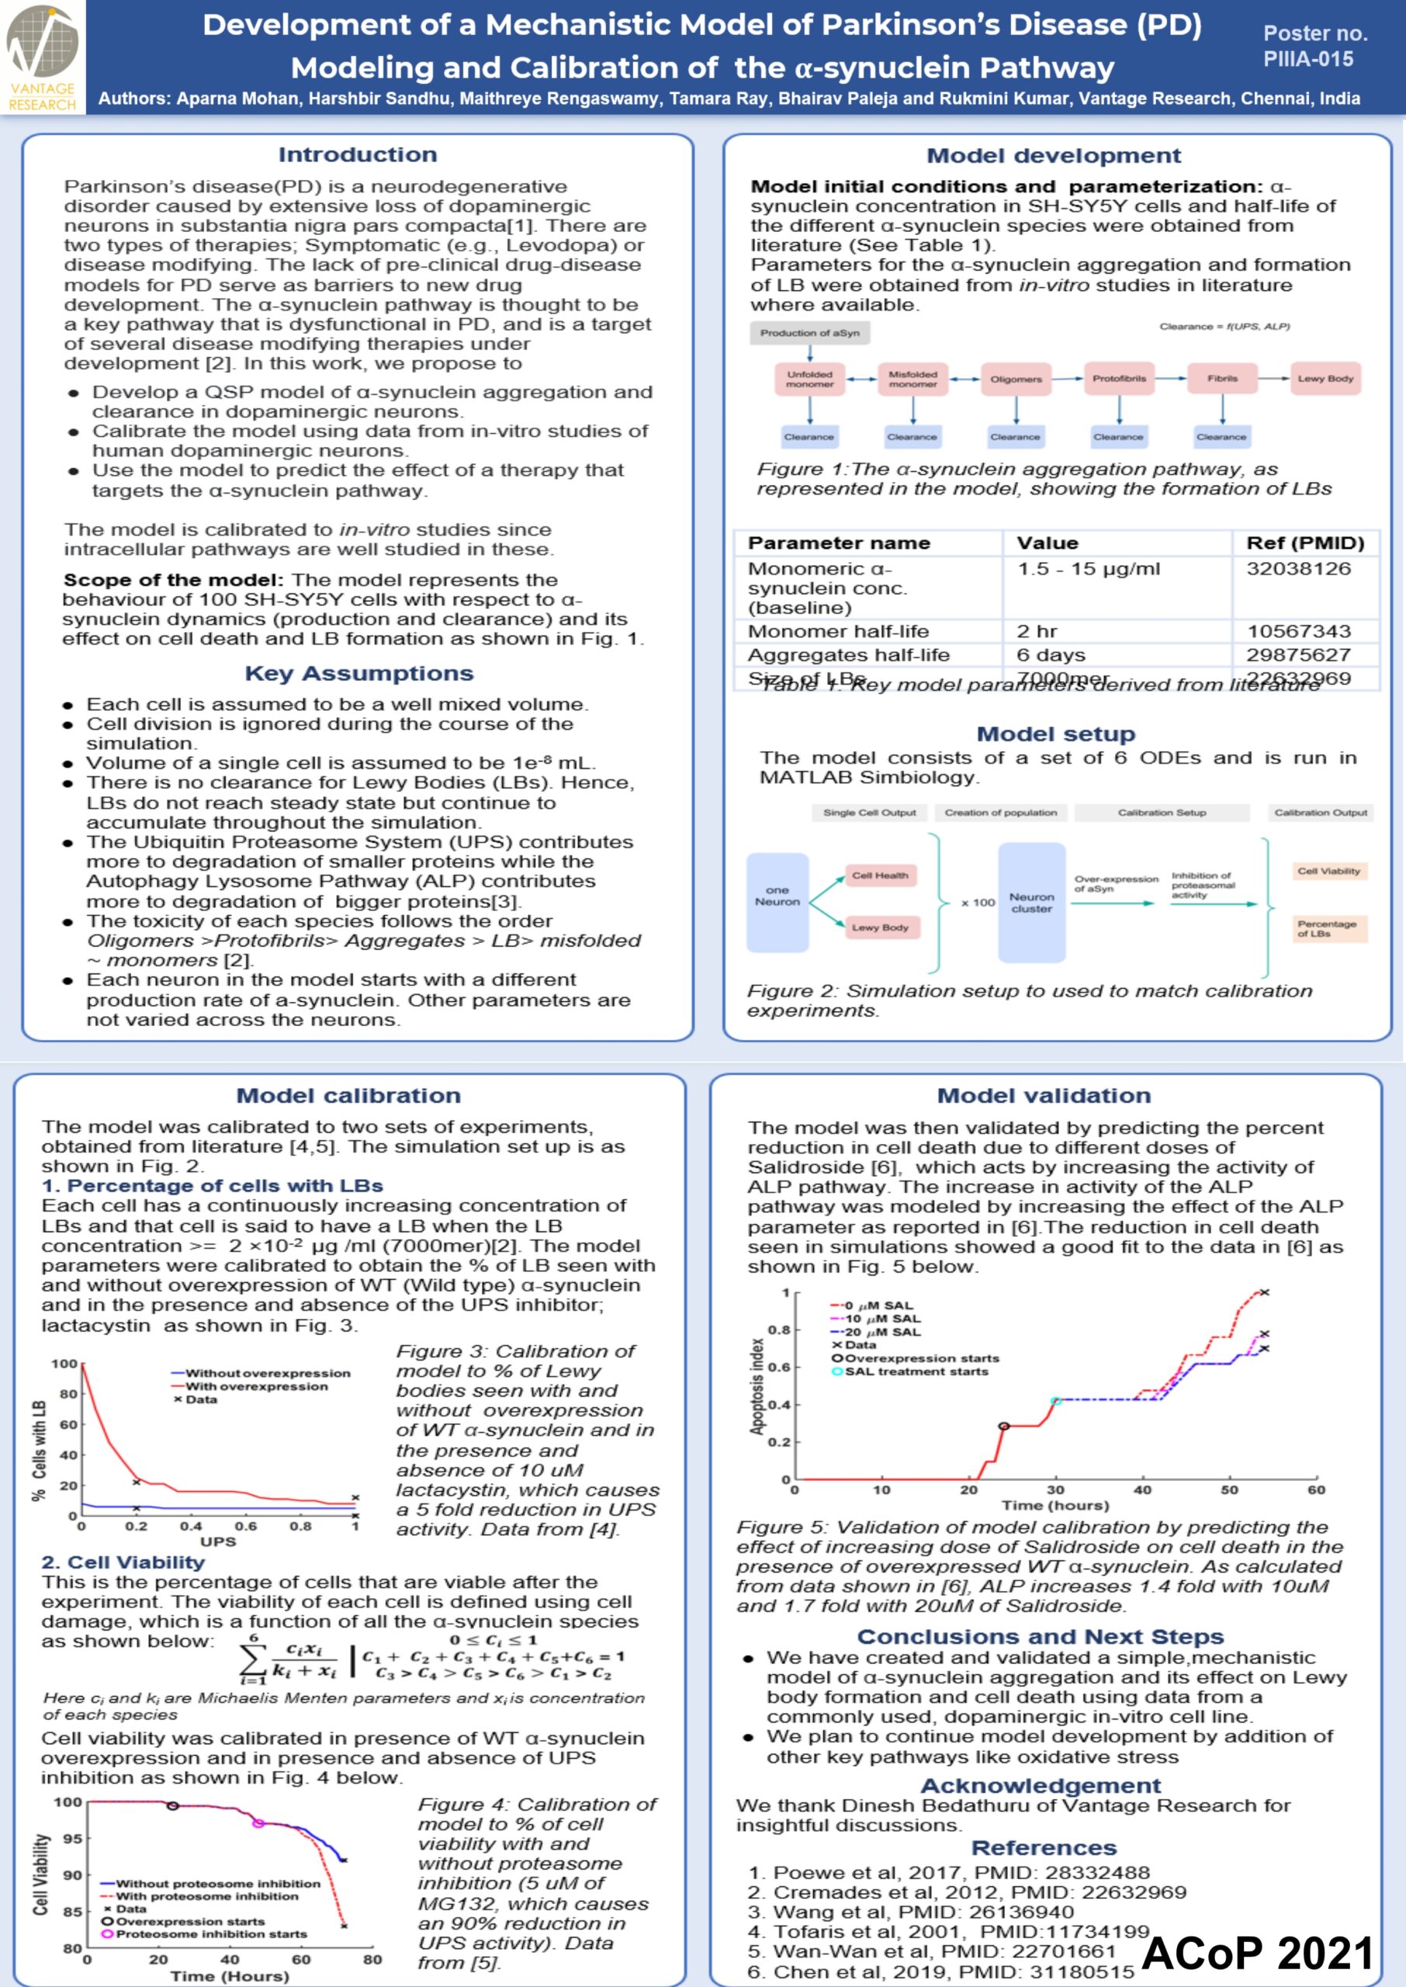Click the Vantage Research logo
pos(43,57)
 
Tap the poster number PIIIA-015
pos(1307,59)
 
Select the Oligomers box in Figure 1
pos(1016,380)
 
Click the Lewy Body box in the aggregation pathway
pos(1325,378)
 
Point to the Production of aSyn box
pos(809,332)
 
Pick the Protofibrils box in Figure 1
pos(1119,378)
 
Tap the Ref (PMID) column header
pos(1304,543)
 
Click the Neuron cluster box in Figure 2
pos(1031,902)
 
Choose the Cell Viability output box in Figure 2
pos(1328,871)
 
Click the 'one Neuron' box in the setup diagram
pos(777,896)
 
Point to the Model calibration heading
pos(348,1095)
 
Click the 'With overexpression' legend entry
pos(256,1386)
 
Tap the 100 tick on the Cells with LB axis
pos(64,1364)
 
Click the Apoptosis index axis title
pos(757,1386)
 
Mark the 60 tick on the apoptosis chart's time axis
pos(1316,1489)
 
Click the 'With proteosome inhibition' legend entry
pos(207,1896)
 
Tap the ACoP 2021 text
pos(1257,1952)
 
